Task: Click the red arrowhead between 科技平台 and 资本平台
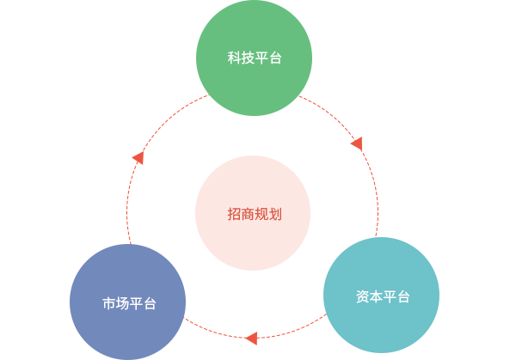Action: [x=357, y=143]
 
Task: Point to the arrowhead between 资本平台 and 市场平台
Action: [x=250, y=338]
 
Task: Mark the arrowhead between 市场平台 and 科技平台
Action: [x=138, y=158]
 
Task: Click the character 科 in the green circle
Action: [x=235, y=59]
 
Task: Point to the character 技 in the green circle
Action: [x=249, y=59]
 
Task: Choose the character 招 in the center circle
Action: [x=235, y=214]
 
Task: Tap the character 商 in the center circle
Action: [x=249, y=214]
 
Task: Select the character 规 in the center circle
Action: [x=262, y=214]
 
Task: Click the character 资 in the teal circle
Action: [x=362, y=296]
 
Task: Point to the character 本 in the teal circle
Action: [x=376, y=296]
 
